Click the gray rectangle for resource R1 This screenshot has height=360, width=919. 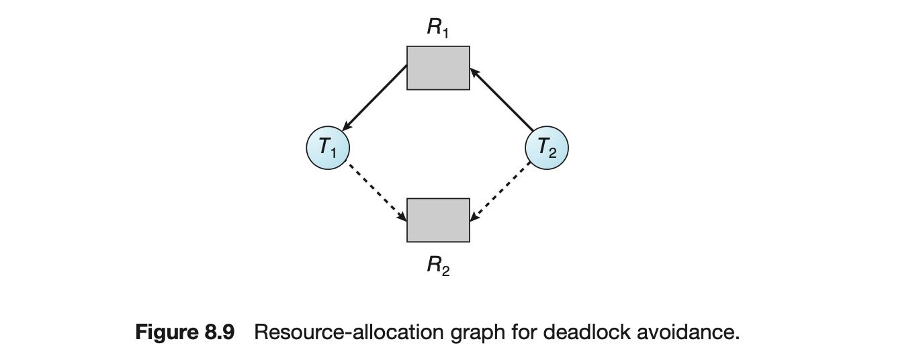(438, 68)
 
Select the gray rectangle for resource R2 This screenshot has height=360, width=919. (438, 220)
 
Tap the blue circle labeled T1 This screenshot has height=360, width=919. (327, 148)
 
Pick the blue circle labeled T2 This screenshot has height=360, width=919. (546, 148)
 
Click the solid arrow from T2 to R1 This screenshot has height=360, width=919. (502, 99)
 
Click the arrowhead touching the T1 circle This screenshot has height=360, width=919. (347, 126)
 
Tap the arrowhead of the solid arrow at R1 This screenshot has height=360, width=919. (474, 71)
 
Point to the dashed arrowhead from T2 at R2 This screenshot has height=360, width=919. (474, 217)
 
